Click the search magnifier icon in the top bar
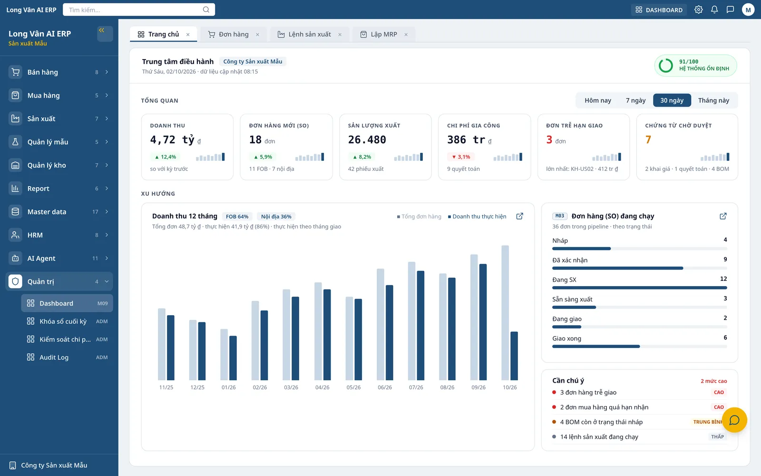(206, 10)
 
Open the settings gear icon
(699, 10)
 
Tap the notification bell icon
(714, 10)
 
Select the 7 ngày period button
(635, 100)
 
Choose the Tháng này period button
(713, 100)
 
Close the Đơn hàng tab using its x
(257, 34)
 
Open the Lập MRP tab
(383, 34)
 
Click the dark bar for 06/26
(390, 333)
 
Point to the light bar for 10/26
(505, 313)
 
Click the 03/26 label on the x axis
(291, 387)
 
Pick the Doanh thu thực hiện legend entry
(477, 217)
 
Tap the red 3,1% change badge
(461, 157)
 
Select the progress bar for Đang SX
(639, 288)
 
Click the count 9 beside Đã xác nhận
(725, 259)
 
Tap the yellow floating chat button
(734, 420)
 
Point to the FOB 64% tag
(237, 217)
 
